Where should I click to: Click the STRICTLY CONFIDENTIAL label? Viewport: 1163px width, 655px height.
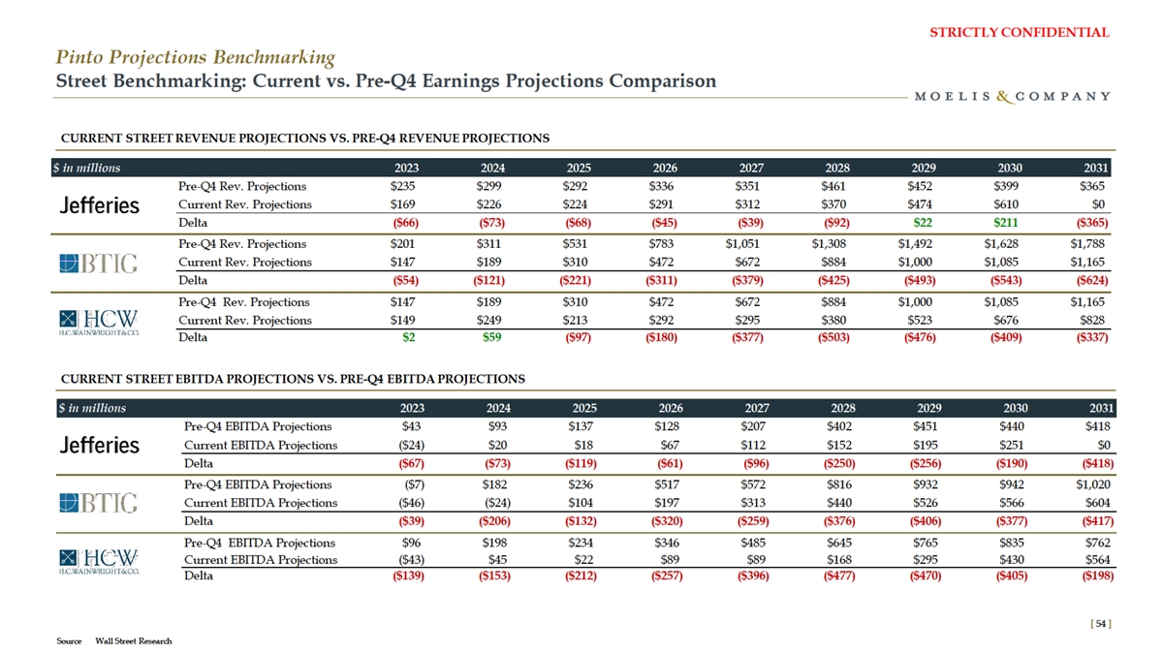point(1019,32)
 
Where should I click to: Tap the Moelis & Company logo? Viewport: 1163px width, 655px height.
point(1011,96)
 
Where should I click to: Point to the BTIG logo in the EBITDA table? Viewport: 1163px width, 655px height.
point(98,503)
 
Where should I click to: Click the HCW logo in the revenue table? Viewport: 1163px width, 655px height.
point(98,321)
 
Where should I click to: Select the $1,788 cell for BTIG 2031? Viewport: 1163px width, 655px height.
point(1090,244)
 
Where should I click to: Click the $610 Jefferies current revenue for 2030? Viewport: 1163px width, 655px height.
point(1005,204)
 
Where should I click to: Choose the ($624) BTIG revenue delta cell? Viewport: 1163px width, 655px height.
point(1088,280)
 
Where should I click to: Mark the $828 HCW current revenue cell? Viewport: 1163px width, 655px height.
point(1095,320)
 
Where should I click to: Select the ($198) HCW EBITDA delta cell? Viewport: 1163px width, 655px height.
point(1090,577)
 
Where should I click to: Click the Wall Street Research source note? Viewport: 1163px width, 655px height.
point(134,640)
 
